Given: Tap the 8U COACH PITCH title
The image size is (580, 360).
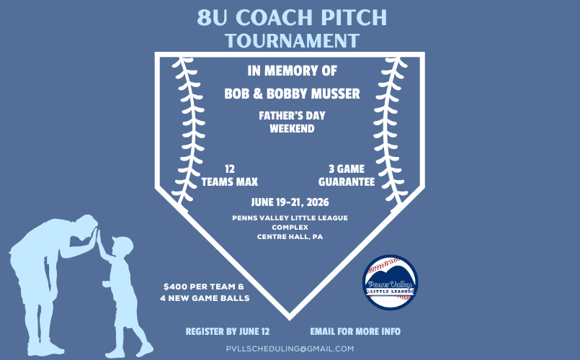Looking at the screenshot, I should tap(291, 16).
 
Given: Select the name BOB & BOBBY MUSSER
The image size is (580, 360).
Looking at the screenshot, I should tap(293, 94).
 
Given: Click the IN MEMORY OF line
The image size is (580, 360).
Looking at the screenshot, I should tap(292, 72).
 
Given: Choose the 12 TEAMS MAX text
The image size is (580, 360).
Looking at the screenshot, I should tap(230, 175).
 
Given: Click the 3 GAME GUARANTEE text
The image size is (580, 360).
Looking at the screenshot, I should tap(345, 175).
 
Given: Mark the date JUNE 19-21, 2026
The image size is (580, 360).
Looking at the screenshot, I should tap(290, 202).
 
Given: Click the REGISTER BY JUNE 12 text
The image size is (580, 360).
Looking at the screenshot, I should tap(228, 332).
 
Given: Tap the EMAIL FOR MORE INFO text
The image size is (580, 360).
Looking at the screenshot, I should tap(355, 332).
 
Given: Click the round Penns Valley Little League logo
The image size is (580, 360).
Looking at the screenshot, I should tap(390, 282).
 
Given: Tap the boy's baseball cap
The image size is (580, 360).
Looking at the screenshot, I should tap(122, 243).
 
